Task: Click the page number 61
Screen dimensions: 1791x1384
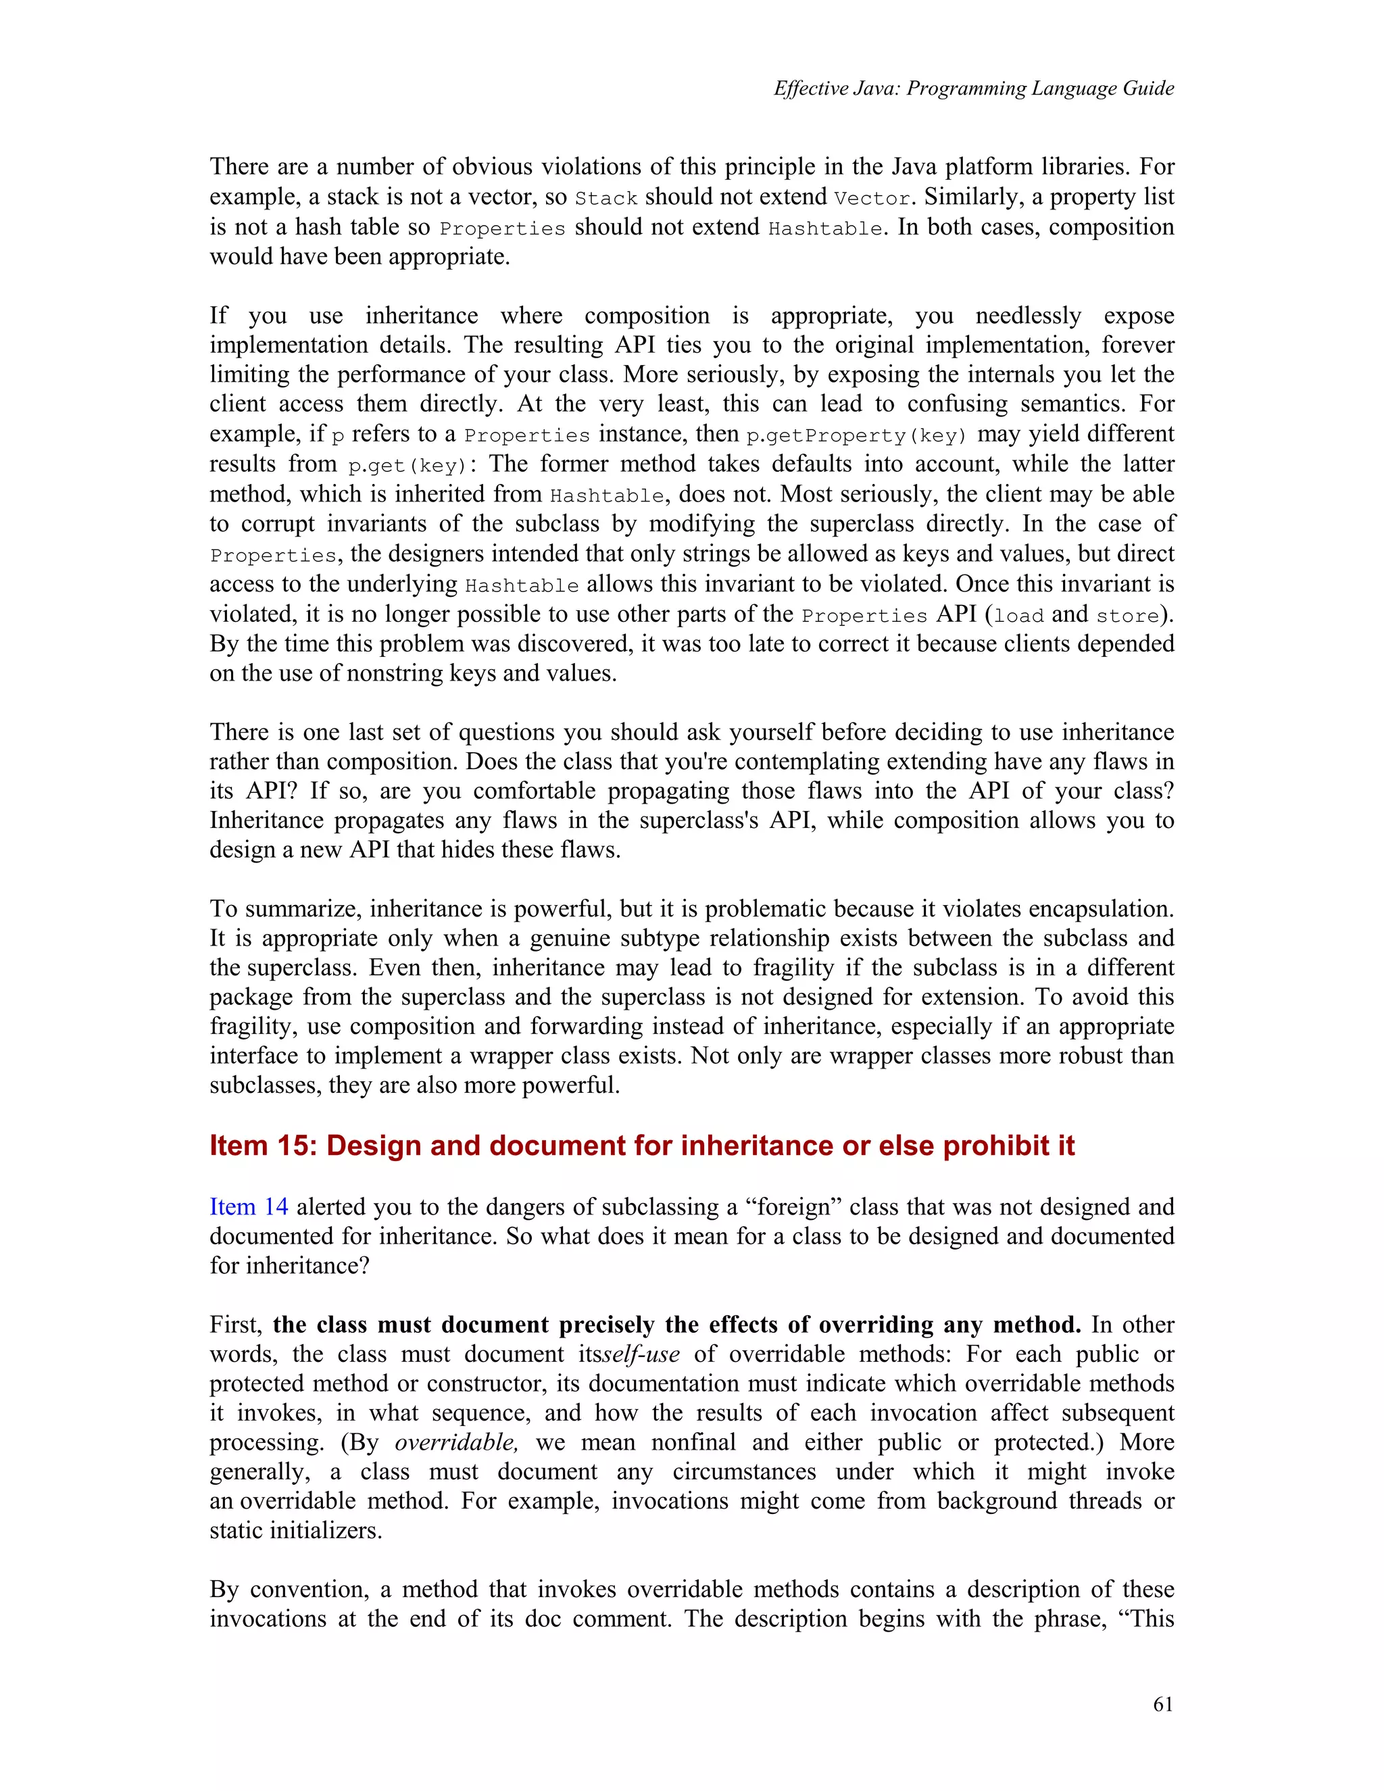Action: tap(1162, 1705)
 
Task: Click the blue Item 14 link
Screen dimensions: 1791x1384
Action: tap(249, 1207)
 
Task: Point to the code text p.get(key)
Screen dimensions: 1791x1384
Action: tap(407, 466)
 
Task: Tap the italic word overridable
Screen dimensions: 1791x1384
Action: tap(456, 1442)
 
